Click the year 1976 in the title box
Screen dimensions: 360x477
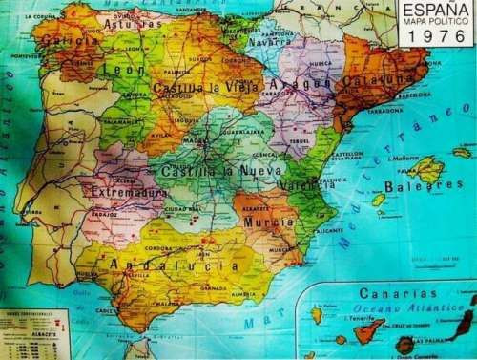click(435, 37)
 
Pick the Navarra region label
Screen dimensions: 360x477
click(270, 42)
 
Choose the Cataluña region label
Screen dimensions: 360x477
click(376, 81)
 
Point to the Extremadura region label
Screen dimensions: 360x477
click(128, 192)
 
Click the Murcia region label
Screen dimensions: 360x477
click(268, 222)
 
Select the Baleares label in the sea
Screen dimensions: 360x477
click(424, 186)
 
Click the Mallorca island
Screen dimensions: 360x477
click(425, 169)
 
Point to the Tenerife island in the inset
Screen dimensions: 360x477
click(364, 330)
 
